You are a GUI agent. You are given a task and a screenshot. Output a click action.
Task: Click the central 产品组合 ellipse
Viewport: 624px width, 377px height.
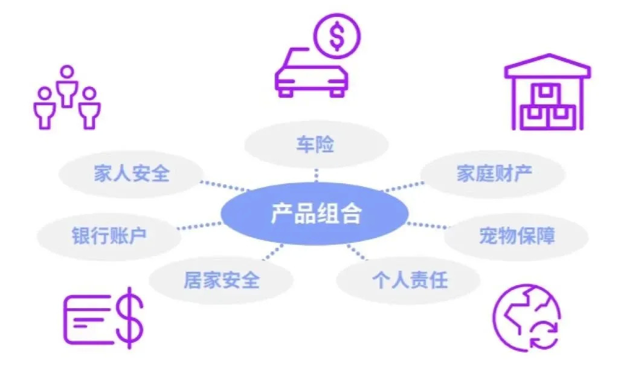pos(314,213)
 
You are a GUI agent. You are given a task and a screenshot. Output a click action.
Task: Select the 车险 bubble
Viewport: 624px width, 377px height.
pos(316,144)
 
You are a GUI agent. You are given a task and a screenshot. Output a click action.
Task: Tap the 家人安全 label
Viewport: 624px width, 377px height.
pos(131,173)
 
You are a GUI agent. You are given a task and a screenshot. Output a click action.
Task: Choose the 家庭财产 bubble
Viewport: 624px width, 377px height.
pos(493,173)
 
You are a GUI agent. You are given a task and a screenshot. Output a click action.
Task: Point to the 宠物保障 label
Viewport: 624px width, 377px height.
pos(516,236)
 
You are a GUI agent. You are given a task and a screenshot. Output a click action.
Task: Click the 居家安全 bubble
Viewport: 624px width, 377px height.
pos(221,280)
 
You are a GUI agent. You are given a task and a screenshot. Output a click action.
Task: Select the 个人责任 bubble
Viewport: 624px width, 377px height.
pos(409,280)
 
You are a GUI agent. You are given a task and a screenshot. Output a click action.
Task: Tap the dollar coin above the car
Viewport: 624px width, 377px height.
pos(336,36)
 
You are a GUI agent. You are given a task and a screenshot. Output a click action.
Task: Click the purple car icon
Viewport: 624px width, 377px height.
pos(312,73)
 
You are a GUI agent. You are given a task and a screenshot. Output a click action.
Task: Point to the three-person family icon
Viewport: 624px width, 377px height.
pos(67,97)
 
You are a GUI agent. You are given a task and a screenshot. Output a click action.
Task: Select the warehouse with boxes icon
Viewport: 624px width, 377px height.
pos(547,92)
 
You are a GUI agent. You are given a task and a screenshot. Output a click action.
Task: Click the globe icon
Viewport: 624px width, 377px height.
pos(526,318)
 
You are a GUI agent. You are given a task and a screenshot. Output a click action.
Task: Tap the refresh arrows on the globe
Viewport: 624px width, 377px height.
pos(544,335)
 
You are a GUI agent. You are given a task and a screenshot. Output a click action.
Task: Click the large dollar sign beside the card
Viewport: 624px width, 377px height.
pos(129,318)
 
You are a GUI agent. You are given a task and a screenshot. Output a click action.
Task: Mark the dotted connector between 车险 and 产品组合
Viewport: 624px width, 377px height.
pos(316,176)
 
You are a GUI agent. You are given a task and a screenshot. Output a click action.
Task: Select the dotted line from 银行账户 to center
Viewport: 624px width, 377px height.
pos(199,226)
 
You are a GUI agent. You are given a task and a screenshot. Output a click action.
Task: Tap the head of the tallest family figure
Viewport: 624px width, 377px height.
pos(67,72)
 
